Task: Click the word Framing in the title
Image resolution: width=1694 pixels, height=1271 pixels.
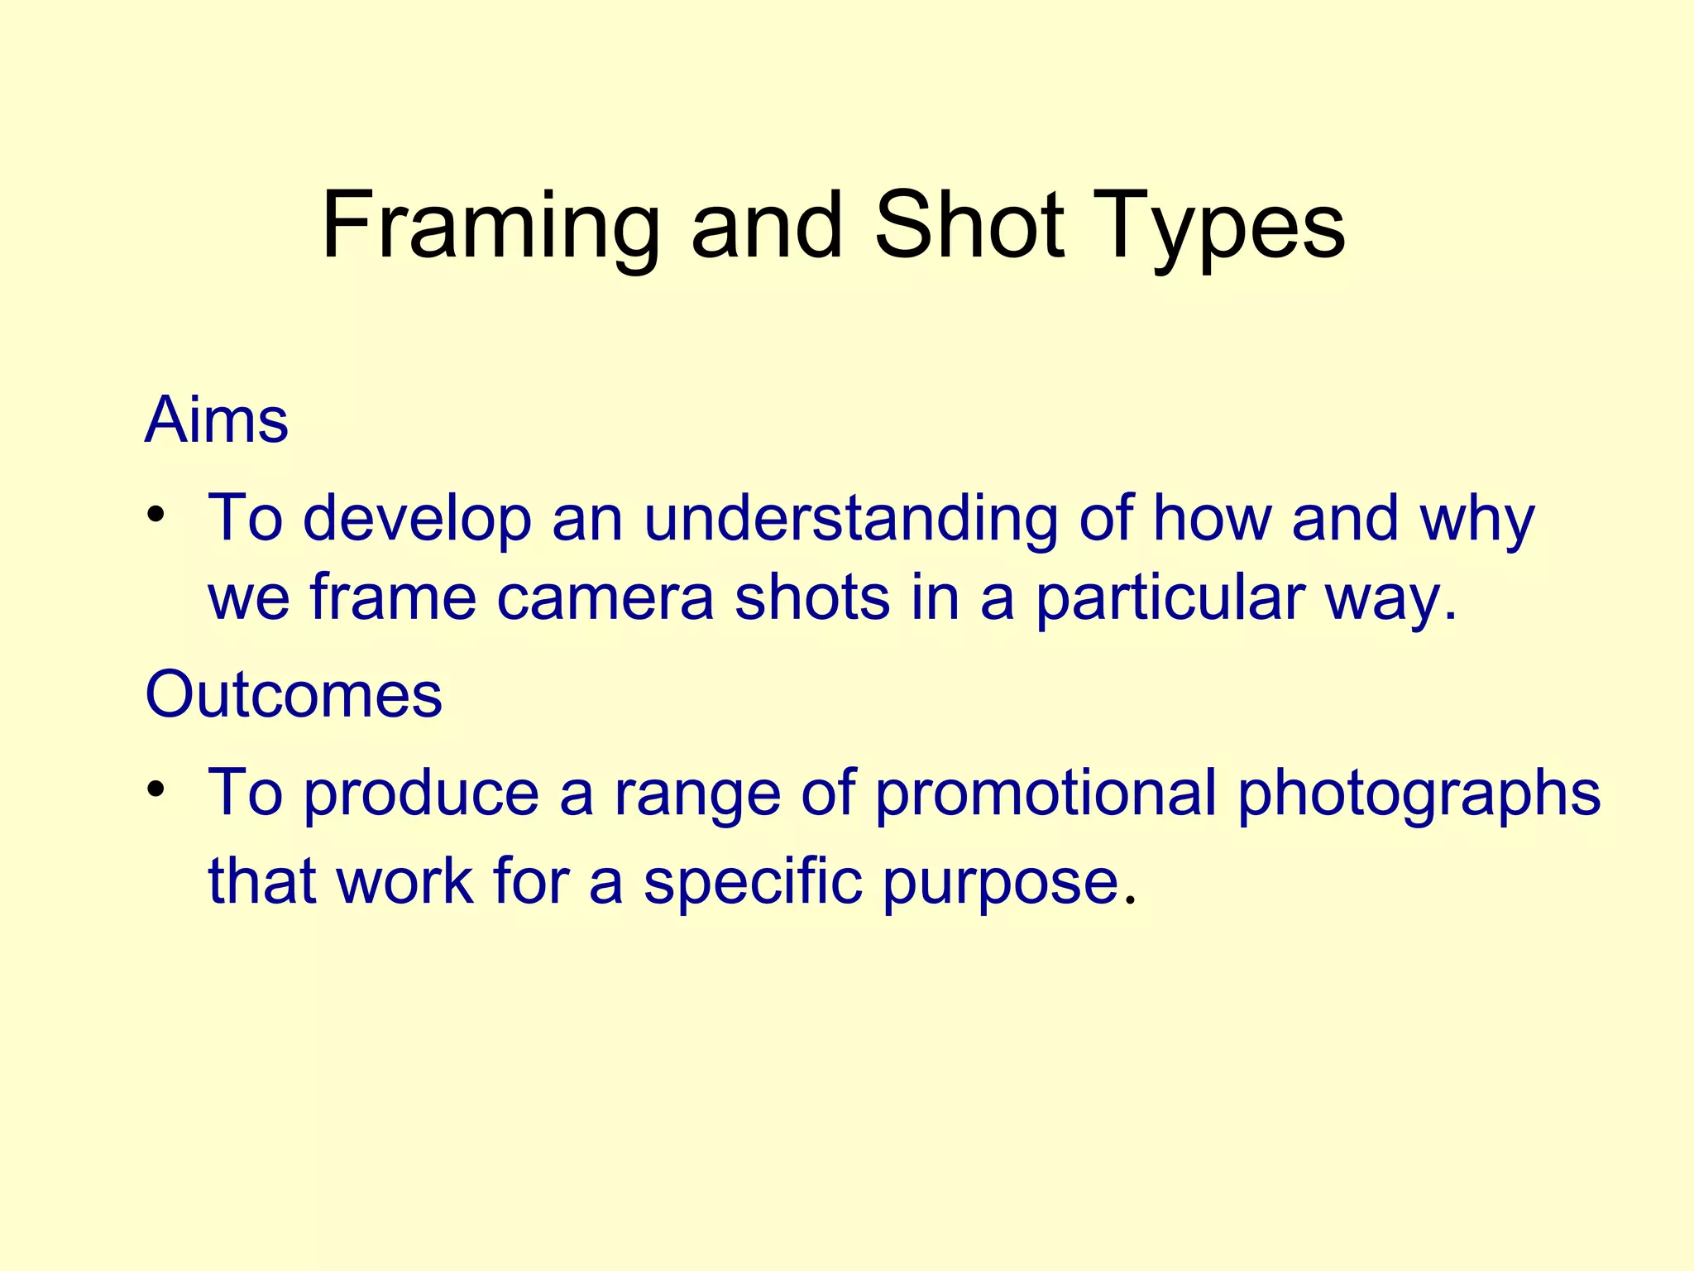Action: click(x=490, y=225)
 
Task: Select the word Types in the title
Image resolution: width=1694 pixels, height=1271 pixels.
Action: click(x=1223, y=225)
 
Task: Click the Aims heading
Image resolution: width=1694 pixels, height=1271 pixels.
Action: click(x=217, y=420)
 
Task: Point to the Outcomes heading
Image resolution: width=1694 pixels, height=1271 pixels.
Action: click(x=294, y=694)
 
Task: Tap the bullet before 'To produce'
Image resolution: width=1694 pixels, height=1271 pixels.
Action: click(x=155, y=790)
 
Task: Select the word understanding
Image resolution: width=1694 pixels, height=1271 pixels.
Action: click(x=850, y=520)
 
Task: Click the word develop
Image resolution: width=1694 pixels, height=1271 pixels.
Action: click(x=418, y=520)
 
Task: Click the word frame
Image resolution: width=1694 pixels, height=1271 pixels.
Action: click(x=394, y=597)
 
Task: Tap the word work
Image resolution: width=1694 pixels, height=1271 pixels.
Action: click(x=405, y=882)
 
